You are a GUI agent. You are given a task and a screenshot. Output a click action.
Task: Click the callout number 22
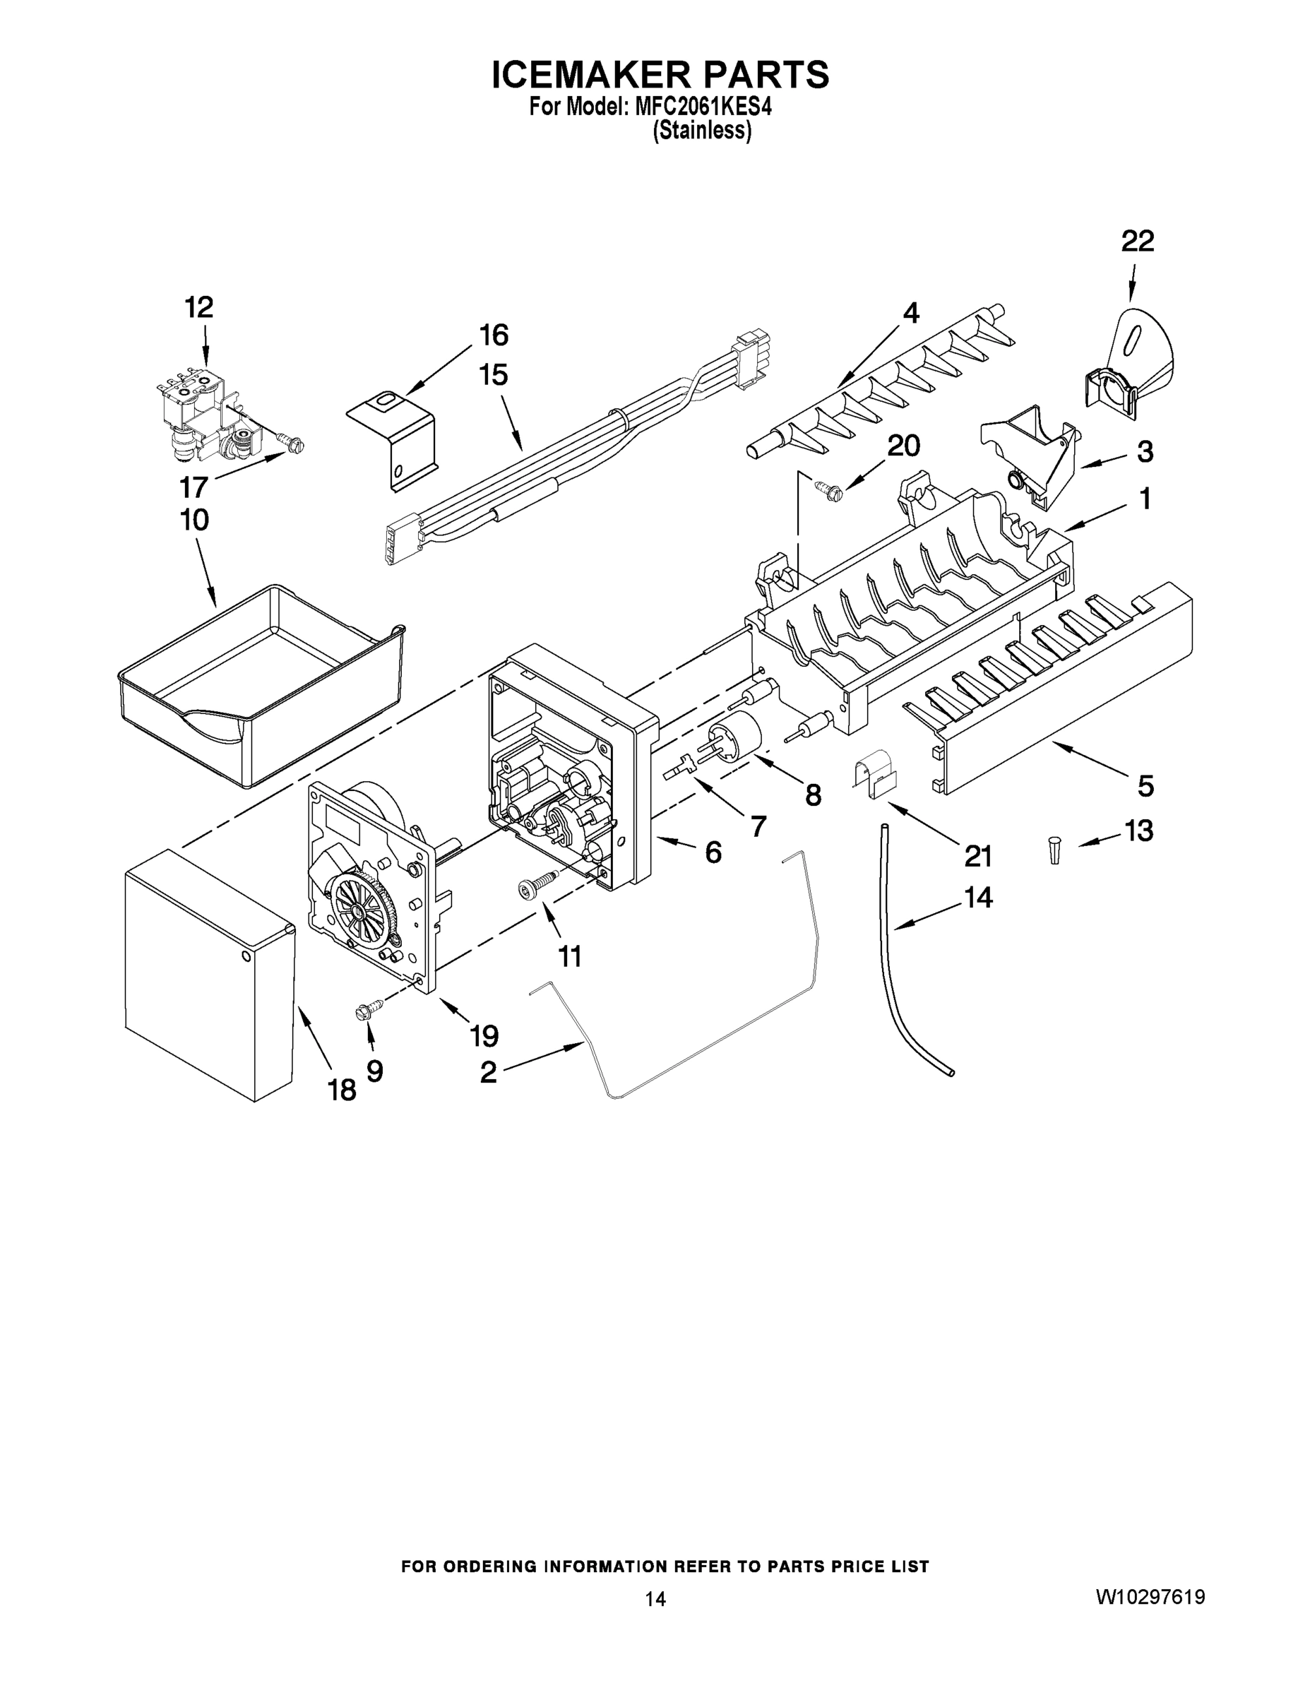tap(1137, 242)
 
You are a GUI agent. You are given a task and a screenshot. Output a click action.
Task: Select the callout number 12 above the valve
tap(198, 308)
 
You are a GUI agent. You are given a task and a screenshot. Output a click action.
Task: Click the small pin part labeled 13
tap(1054, 849)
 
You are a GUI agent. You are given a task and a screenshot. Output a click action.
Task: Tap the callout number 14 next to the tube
tap(978, 897)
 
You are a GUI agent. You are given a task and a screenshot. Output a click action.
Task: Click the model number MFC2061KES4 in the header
tap(703, 107)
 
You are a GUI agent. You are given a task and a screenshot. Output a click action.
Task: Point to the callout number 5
tap(1145, 785)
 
